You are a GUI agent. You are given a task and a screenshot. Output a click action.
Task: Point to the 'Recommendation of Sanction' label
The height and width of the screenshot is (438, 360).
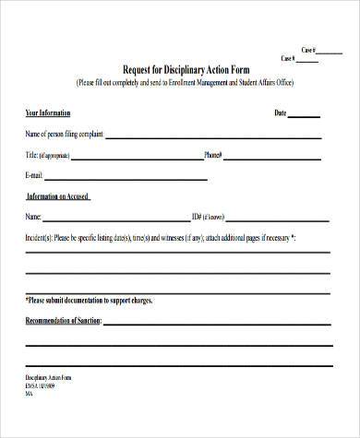pyautogui.click(x=63, y=321)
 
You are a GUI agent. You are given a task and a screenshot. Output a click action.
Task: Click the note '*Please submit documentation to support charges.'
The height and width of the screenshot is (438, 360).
pyautogui.click(x=90, y=301)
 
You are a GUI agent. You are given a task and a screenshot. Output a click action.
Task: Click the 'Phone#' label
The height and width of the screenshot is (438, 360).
pyautogui.click(x=213, y=154)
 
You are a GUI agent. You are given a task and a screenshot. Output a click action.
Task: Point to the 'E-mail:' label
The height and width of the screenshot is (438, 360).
pyautogui.click(x=35, y=174)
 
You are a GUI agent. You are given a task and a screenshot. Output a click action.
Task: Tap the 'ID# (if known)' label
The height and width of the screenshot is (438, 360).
pyautogui.click(x=208, y=217)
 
